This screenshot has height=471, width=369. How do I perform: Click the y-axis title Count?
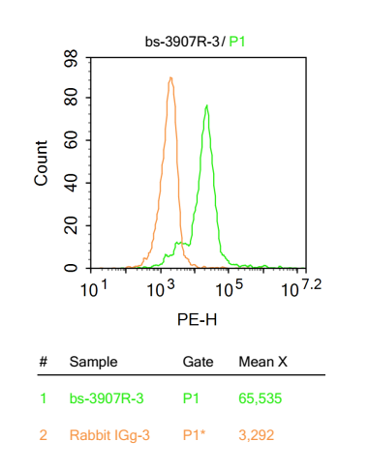point(42,162)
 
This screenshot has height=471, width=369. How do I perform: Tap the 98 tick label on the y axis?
point(71,60)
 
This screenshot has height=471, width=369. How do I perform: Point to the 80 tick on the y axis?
point(71,98)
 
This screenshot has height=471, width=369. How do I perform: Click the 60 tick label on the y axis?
point(71,140)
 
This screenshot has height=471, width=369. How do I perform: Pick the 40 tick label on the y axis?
point(71,183)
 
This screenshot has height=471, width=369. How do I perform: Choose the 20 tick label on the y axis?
point(71,225)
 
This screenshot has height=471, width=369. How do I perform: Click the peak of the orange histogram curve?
point(170,78)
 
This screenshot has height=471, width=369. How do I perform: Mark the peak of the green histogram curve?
point(206,105)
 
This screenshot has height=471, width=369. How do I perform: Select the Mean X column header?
point(262,362)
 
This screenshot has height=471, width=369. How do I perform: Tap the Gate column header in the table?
point(198,362)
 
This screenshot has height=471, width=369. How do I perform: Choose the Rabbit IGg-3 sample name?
point(109,435)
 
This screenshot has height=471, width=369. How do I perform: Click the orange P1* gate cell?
point(195,435)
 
